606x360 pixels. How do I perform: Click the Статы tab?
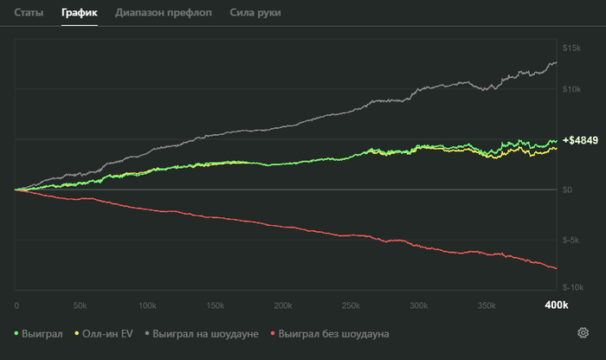point(28,14)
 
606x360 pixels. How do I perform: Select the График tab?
point(79,14)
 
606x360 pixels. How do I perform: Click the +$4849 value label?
point(580,140)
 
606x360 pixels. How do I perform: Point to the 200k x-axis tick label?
point(284,305)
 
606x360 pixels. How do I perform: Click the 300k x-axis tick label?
point(419,305)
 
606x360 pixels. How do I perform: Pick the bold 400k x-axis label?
point(555,305)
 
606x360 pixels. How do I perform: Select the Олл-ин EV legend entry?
point(109,333)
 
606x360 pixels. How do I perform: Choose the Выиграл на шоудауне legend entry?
point(203,333)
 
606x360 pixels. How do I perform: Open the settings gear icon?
point(583,333)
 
